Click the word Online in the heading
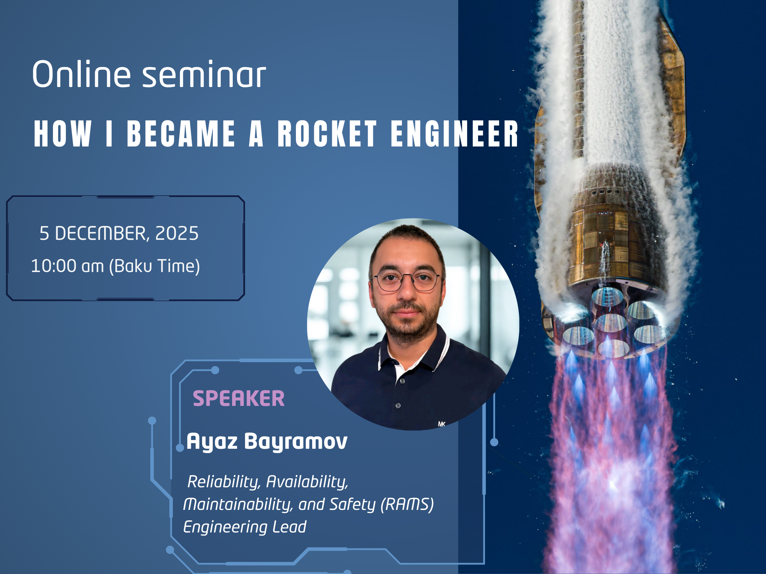[81, 74]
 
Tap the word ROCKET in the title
[327, 134]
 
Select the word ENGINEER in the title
[454, 134]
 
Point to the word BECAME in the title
[181, 134]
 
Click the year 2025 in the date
[177, 233]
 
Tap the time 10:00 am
[67, 266]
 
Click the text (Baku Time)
[155, 266]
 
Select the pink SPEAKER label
[239, 398]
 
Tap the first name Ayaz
[212, 441]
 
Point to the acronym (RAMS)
[407, 504]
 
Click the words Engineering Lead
[244, 527]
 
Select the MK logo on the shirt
[441, 424]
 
